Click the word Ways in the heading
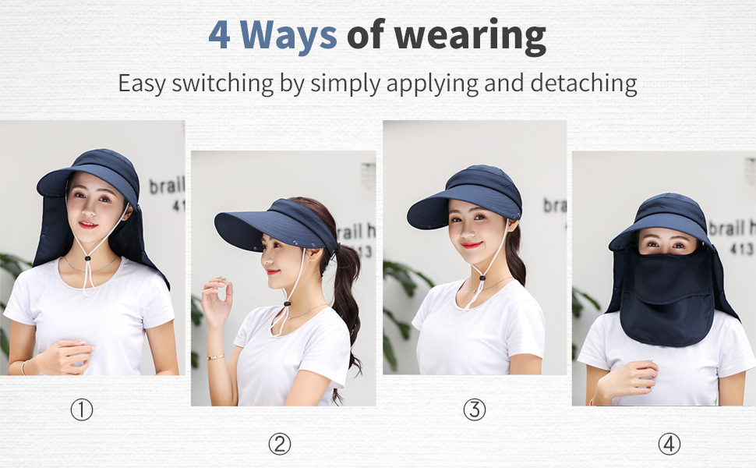point(288,35)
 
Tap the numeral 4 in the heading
point(219,35)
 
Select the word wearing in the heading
point(468,36)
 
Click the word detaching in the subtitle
point(577,83)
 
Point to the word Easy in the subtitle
point(142,83)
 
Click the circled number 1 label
point(82,409)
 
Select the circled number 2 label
point(279,444)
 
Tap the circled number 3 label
point(474,409)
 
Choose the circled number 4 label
point(669,444)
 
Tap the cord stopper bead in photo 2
point(287,303)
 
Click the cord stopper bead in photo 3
point(483,275)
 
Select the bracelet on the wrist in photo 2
point(215,356)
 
